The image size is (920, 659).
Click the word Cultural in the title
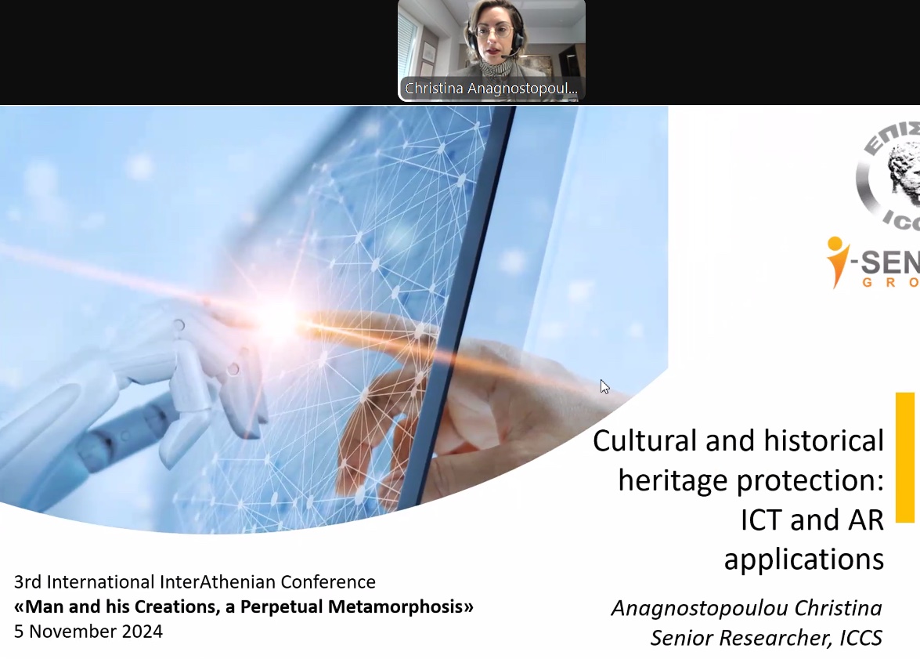click(644, 441)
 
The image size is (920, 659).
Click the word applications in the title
click(803, 559)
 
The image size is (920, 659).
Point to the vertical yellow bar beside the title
click(904, 457)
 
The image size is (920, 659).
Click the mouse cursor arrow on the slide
click(604, 386)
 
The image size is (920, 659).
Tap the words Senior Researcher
click(738, 638)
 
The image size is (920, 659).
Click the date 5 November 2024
click(88, 632)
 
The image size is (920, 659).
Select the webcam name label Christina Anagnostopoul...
click(491, 89)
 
